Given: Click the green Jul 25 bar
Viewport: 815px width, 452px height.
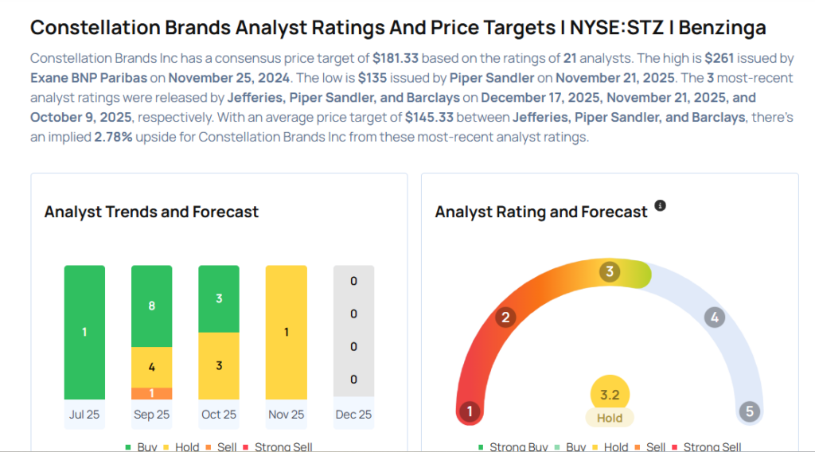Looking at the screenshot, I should coord(84,332).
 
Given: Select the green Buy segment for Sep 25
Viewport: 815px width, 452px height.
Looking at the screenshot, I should coord(151,306).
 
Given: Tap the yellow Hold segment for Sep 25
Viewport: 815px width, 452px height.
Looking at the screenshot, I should coord(151,367).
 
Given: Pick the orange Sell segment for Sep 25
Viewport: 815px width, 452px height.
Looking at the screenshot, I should coord(151,393).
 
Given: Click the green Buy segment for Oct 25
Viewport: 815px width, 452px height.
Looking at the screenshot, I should coord(219,298).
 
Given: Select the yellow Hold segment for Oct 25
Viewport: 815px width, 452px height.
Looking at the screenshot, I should coord(219,365).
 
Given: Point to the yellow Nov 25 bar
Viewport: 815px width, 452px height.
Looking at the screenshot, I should coord(286,332).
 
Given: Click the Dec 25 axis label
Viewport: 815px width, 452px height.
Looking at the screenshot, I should coord(353,415).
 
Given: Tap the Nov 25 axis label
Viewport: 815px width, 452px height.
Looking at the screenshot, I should coord(286,415).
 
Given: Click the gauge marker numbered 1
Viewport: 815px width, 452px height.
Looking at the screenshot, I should coord(470,411).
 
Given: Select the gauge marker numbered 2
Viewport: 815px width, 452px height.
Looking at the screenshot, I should coord(505,318).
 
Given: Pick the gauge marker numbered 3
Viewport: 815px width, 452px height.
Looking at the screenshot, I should coord(610,272).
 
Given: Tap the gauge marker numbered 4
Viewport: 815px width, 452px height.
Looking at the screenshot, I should coord(715,318).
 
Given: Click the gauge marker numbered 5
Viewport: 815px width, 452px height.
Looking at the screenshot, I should coord(749,411).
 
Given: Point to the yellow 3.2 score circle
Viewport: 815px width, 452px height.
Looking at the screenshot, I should coord(610,394).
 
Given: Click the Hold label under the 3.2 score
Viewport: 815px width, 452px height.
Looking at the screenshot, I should coord(610,418).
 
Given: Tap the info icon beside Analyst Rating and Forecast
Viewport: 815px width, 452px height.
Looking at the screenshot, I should coord(660,206).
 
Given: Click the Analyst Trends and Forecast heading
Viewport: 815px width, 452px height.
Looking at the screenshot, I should coord(151,212).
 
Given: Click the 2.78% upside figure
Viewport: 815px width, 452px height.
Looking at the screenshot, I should coord(114,137).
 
